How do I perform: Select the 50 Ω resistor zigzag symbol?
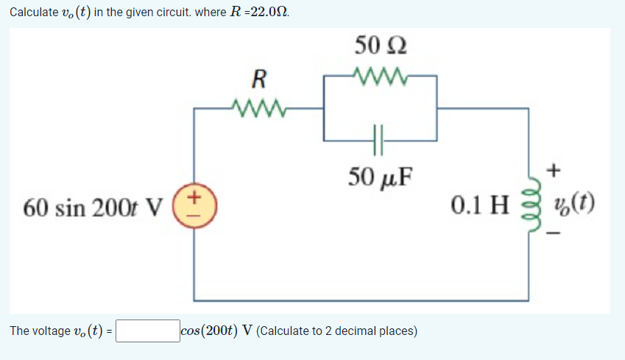click(379, 75)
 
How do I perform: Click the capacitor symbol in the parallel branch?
click(379, 138)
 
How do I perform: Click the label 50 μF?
click(379, 177)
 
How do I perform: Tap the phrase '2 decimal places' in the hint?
click(375, 331)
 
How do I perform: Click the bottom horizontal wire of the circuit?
click(361, 300)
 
